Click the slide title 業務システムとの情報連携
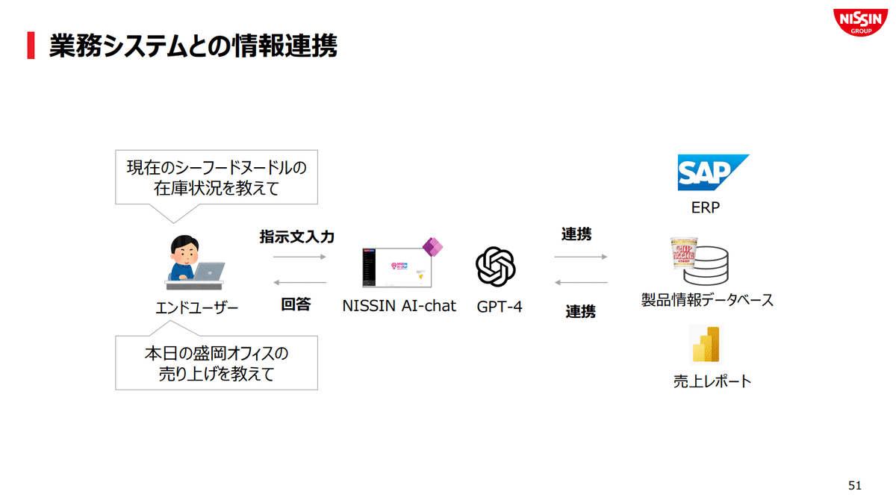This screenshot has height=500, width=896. (193, 46)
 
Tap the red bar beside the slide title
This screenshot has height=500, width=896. (31, 46)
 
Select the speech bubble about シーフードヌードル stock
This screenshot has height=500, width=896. (216, 178)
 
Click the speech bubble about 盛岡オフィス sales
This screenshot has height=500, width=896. (216, 363)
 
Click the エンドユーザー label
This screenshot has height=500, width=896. (196, 307)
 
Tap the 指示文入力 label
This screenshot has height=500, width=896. (296, 237)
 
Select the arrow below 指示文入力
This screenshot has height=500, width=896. (300, 257)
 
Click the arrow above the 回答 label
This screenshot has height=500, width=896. (300, 282)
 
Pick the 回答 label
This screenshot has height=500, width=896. (296, 304)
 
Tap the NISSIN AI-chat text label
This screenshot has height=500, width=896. (399, 306)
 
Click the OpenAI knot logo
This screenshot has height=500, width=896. (496, 266)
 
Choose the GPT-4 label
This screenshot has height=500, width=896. (500, 307)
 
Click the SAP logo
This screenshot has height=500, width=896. (712, 172)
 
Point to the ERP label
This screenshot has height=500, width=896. (706, 208)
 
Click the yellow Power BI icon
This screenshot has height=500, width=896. (706, 345)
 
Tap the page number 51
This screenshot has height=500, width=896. (855, 485)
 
